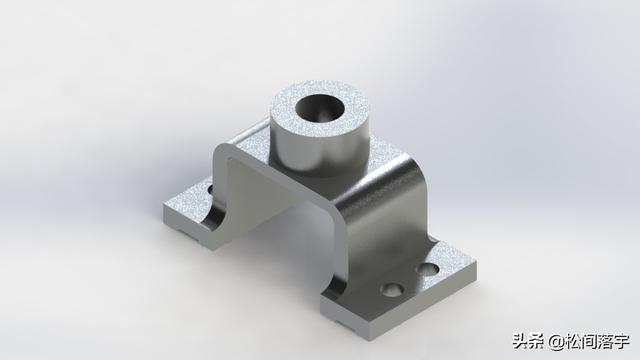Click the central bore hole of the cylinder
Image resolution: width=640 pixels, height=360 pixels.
(x=320, y=108)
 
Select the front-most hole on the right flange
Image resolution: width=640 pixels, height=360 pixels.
(x=392, y=289)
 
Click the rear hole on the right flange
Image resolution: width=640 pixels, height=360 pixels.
(x=428, y=269)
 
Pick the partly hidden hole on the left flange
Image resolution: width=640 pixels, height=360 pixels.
(x=211, y=189)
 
